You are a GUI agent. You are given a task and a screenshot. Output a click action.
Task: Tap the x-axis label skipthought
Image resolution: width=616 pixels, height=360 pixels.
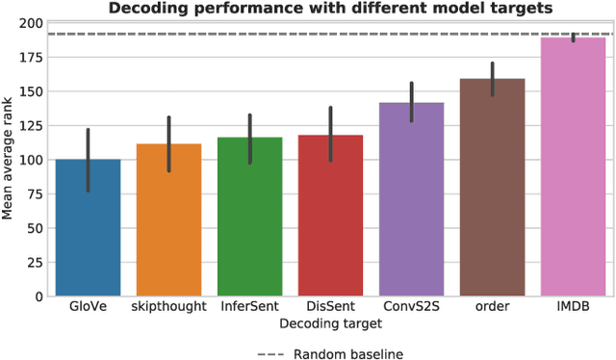pos(168,306)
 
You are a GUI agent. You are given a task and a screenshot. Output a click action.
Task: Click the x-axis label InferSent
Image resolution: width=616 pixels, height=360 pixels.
pos(249,306)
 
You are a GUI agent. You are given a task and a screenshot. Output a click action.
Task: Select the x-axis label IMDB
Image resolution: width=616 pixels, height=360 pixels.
pos(573,306)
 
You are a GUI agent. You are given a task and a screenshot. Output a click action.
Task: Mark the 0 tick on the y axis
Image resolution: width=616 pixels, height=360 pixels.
pos(38,296)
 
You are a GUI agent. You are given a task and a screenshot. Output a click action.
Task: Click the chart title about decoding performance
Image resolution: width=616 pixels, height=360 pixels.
pos(330,9)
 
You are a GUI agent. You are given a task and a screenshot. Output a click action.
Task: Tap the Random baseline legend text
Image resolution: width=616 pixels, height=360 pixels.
pos(348,353)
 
